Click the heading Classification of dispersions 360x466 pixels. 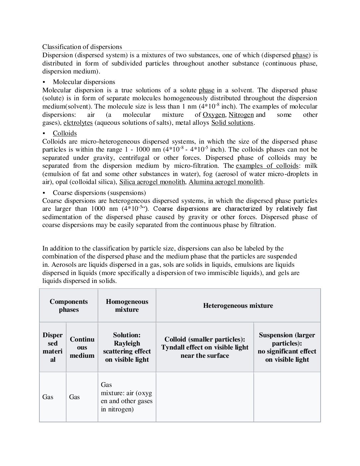82,47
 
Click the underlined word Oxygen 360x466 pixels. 213,115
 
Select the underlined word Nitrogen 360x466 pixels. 241,115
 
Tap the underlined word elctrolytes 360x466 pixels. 78,123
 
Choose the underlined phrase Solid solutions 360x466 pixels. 232,123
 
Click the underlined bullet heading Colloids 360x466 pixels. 65,133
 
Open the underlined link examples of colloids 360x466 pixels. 267,166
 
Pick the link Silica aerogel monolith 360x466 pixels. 152,182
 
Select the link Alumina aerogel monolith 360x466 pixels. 226,182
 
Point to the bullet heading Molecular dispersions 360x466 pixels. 84,82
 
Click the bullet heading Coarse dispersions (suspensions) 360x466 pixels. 99,193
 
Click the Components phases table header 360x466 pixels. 69,305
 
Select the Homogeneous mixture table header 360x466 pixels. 127,305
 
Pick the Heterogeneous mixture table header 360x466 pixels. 238,305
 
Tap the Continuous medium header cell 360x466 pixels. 82,347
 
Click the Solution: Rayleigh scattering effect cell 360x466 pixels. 127,347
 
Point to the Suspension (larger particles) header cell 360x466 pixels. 287,347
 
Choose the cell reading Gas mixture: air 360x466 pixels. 127,397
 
